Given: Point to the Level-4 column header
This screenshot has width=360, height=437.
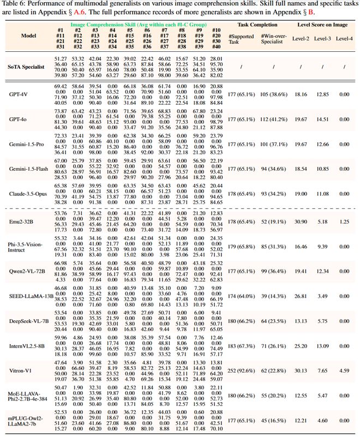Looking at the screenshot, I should click(344, 38).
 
